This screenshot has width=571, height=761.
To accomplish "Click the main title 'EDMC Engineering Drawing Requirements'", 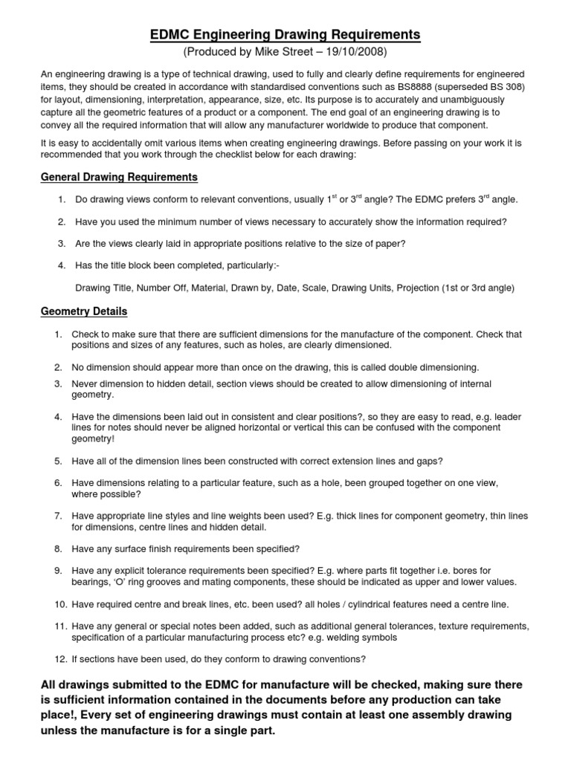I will click(x=285, y=35).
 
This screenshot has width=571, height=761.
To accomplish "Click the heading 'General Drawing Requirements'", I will click(x=119, y=177).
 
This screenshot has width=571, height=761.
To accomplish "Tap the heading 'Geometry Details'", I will click(x=84, y=311).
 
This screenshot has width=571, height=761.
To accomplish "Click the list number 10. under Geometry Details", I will click(x=59, y=604).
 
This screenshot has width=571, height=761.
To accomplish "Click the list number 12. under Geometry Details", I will click(x=59, y=659).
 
